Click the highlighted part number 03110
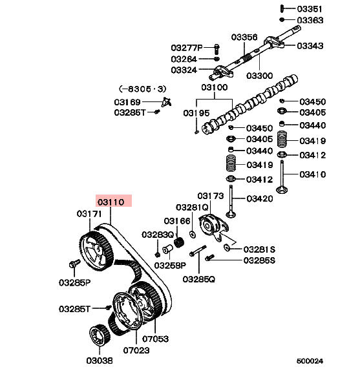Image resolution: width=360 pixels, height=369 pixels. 111,202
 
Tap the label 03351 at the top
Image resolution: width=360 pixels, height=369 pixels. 310,9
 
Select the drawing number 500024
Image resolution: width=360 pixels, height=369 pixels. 310,361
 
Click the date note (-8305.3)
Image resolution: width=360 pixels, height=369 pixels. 143,89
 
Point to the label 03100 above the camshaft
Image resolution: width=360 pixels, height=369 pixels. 215,87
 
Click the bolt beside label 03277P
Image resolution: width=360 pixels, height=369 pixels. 217,48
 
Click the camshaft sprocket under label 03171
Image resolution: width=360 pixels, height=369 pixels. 96,251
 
